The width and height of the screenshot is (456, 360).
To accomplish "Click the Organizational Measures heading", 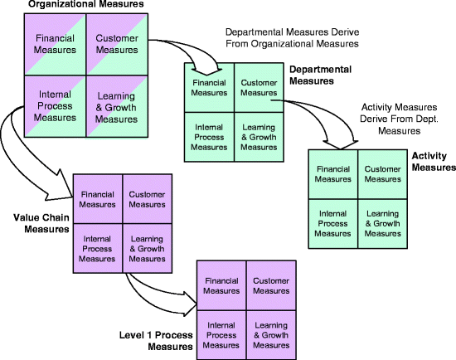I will click(x=74, y=6).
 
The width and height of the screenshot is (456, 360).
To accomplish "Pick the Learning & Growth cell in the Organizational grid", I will click(x=116, y=107).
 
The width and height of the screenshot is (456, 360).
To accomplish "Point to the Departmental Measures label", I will click(x=318, y=76).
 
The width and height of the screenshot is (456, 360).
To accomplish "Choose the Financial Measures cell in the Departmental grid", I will click(x=209, y=87).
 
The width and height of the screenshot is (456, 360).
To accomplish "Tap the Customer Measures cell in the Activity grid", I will click(x=383, y=174).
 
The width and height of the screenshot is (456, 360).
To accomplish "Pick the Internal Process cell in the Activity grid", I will click(x=332, y=223).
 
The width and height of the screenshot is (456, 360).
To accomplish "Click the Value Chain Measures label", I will click(x=40, y=223).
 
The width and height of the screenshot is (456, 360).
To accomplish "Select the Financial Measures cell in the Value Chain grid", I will click(x=98, y=199).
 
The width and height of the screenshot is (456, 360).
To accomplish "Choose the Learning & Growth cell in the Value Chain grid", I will click(x=148, y=248).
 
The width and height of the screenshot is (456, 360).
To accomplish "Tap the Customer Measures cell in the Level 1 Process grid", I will click(x=270, y=286).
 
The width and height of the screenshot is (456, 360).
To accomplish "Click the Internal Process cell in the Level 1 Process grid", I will click(x=221, y=334).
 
